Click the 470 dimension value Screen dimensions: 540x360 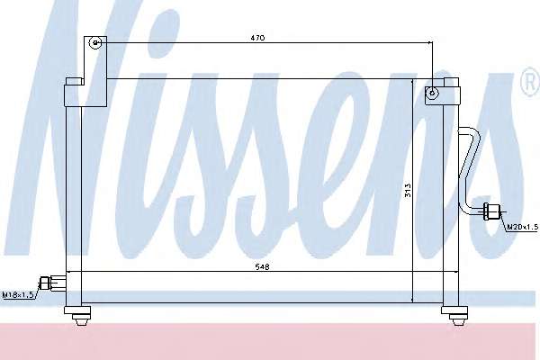tap(257, 38)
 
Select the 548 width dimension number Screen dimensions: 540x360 tap(262, 266)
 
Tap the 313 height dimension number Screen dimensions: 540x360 tap(408, 190)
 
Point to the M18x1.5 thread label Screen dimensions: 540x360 tap(18, 295)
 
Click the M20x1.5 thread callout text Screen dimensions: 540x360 tap(522, 227)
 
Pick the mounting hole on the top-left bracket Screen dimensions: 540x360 tap(95, 43)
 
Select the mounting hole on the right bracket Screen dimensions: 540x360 tap(432, 93)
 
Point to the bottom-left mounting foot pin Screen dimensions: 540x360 tap(81, 320)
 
